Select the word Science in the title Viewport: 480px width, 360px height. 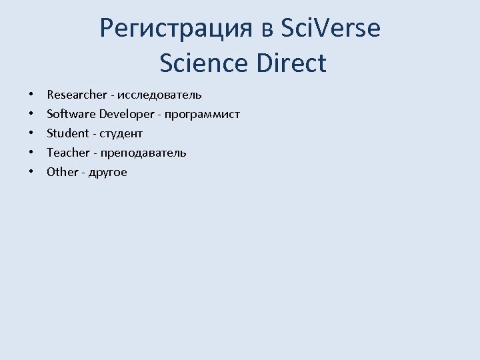click(203, 63)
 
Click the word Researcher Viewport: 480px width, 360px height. click(77, 95)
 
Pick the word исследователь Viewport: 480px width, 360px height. click(160, 95)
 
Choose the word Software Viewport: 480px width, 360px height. click(71, 114)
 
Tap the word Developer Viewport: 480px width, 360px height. click(126, 114)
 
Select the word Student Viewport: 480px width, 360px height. click(67, 133)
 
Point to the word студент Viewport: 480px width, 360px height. click(121, 133)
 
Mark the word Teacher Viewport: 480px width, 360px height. click(67, 153)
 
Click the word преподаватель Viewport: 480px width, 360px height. click(144, 153)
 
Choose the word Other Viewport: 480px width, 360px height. click(63, 172)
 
